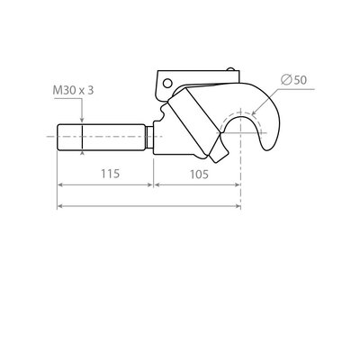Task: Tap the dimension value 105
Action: (x=197, y=174)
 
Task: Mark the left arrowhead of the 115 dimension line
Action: (x=61, y=184)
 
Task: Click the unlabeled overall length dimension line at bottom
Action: (x=148, y=206)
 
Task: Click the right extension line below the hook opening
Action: (x=240, y=180)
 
